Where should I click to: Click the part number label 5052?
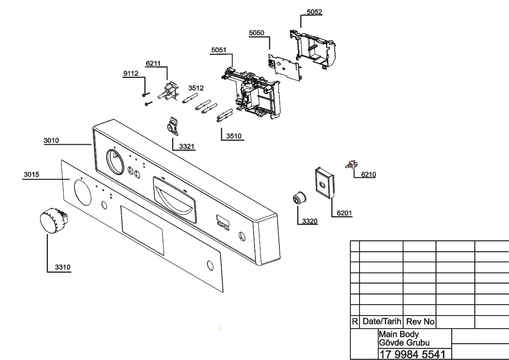[314, 12]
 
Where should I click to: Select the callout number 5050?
[256, 33]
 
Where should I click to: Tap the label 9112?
[130, 73]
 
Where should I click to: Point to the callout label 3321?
[187, 146]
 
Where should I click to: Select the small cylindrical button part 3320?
[300, 198]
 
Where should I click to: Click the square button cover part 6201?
[324, 183]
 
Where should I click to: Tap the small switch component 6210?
[351, 165]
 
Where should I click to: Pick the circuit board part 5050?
[285, 68]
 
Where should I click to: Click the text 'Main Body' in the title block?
[399, 334]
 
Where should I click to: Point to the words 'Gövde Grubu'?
[404, 343]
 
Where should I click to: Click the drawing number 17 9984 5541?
[412, 354]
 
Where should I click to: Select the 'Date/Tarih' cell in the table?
[382, 321]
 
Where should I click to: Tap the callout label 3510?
[234, 136]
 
